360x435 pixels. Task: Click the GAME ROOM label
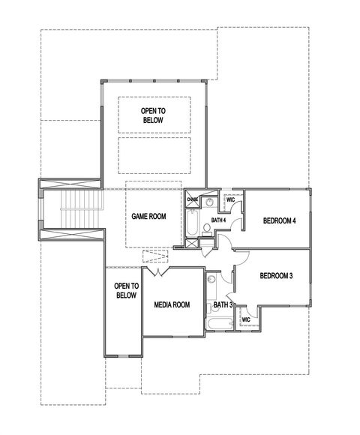point(148,216)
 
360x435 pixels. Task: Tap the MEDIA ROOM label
point(172,304)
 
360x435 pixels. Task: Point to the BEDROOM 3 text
point(276,276)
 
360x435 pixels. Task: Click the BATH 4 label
point(218,220)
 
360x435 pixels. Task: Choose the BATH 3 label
point(223,304)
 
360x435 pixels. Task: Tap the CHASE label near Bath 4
point(192,200)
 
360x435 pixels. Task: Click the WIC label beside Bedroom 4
point(231,200)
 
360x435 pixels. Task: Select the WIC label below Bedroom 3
point(246,320)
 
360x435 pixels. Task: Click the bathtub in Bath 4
point(191,223)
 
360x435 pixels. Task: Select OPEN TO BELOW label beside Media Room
point(125,291)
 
